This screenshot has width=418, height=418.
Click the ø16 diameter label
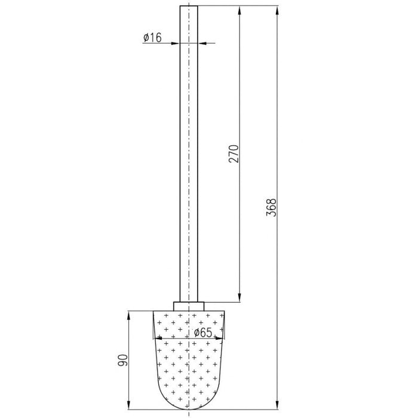coord(152,38)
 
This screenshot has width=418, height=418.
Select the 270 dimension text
coord(234,154)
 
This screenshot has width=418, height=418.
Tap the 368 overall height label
coord(272,207)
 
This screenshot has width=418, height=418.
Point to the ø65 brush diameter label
coord(203,333)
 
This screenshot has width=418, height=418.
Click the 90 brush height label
coord(123,360)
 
